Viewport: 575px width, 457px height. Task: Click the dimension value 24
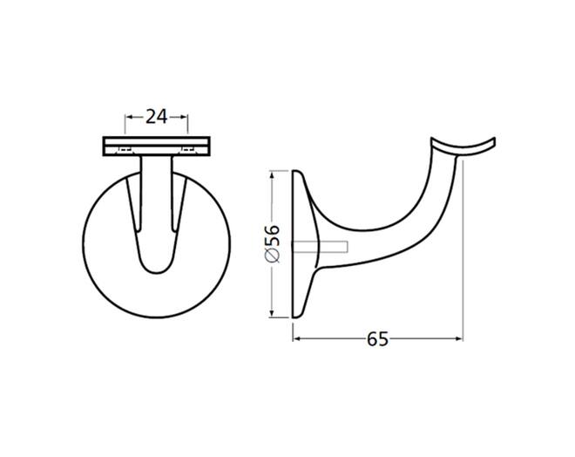[157, 117]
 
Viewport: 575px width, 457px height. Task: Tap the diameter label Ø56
[272, 243]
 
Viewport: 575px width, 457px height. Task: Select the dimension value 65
[377, 339]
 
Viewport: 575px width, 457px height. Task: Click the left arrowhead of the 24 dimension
[129, 117]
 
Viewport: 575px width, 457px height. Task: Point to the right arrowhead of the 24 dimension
[185, 117]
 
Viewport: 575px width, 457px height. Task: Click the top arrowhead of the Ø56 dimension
[272, 174]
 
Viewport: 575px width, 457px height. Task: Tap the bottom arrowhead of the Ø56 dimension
[272, 313]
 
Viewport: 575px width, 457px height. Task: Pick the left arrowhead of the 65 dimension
[296, 338]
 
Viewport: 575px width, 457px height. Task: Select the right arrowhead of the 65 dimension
[459, 338]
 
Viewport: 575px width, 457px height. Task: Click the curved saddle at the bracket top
[463, 149]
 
